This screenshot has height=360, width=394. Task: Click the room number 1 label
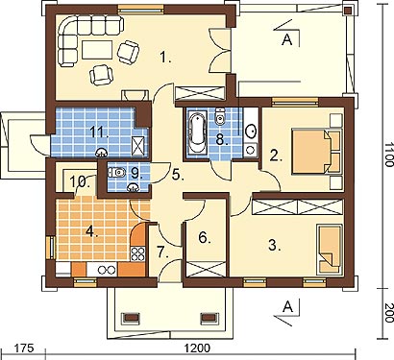165,58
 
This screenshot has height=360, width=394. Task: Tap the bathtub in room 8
197,132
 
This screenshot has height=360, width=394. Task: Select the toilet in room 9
116,173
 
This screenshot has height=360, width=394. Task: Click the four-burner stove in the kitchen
138,254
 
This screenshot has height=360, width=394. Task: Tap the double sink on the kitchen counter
102,270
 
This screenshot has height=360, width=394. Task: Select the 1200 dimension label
198,348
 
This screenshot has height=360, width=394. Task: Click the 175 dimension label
24,348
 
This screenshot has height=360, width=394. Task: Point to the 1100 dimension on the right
389,155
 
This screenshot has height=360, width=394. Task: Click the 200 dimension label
389,313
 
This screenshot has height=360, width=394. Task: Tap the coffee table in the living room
97,50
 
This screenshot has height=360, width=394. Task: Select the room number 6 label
205,238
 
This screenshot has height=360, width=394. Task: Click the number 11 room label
98,132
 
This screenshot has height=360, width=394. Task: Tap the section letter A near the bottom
288,307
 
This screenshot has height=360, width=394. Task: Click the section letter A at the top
287,39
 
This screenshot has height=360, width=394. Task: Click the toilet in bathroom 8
219,117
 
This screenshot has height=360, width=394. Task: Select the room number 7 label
162,252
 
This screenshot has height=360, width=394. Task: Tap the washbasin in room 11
101,153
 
